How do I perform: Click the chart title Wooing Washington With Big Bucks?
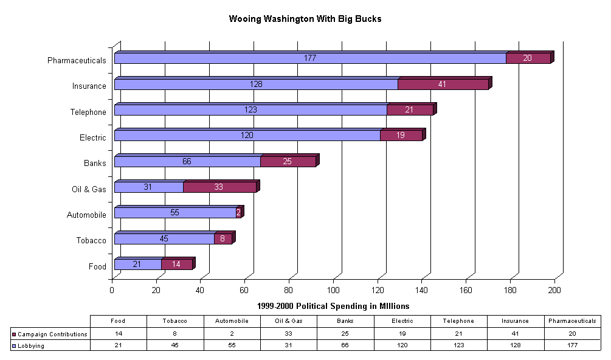305,19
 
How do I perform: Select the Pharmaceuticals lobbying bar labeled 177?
310,58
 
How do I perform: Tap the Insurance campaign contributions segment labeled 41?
443,85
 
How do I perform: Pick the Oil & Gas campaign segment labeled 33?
219,187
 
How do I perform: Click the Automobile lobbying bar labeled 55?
175,213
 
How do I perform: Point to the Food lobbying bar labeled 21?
137,264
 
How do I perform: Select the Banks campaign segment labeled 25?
288,162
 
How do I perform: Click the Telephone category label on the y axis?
89,112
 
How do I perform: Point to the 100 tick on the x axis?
333,290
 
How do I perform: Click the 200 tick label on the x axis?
554,290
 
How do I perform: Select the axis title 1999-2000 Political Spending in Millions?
333,306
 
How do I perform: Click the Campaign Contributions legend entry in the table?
51,334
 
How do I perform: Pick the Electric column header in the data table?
402,321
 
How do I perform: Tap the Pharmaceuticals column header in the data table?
572,321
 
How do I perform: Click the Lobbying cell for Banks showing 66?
345,345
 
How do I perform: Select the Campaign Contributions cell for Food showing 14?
118,334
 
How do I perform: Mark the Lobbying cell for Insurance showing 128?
516,345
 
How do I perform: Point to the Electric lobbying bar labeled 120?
247,136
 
